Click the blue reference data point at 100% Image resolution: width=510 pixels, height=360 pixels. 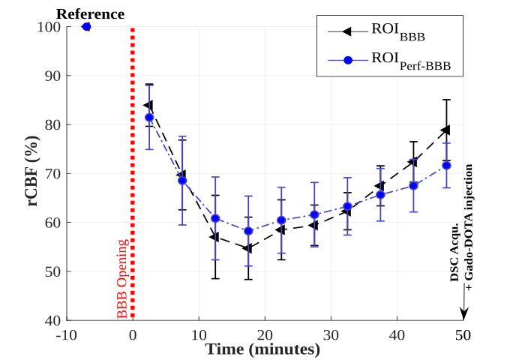pos(86,26)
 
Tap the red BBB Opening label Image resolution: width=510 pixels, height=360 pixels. pos(124,278)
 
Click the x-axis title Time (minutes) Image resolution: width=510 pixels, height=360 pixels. pos(263,349)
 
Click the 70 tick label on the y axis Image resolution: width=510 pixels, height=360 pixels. pos(51,173)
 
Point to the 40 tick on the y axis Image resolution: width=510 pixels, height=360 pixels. pos(51,320)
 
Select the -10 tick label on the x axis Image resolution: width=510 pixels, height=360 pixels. pos(66,334)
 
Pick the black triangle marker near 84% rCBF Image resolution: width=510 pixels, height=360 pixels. pos(148,105)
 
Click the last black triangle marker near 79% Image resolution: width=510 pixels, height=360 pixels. pos(445,130)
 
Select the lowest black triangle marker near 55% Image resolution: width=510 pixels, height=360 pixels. pos(247,247)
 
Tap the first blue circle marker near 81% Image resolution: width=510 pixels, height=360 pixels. pos(149,118)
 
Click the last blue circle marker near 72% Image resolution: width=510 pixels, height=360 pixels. pos(446,165)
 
